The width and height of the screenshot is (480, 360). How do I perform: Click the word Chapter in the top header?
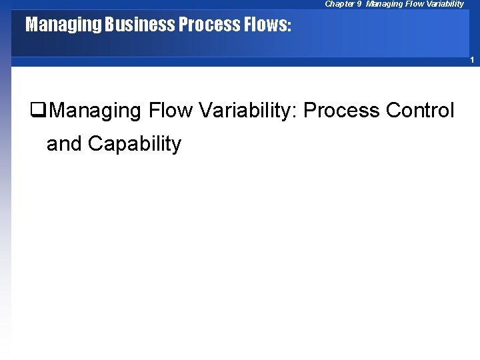339,4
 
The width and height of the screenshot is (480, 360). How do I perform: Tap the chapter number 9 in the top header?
359,4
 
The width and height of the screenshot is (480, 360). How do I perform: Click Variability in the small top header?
443,4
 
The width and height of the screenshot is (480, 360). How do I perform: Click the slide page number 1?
471,61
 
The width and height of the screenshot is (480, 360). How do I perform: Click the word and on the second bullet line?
64,143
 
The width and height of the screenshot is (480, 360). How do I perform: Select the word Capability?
134,144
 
